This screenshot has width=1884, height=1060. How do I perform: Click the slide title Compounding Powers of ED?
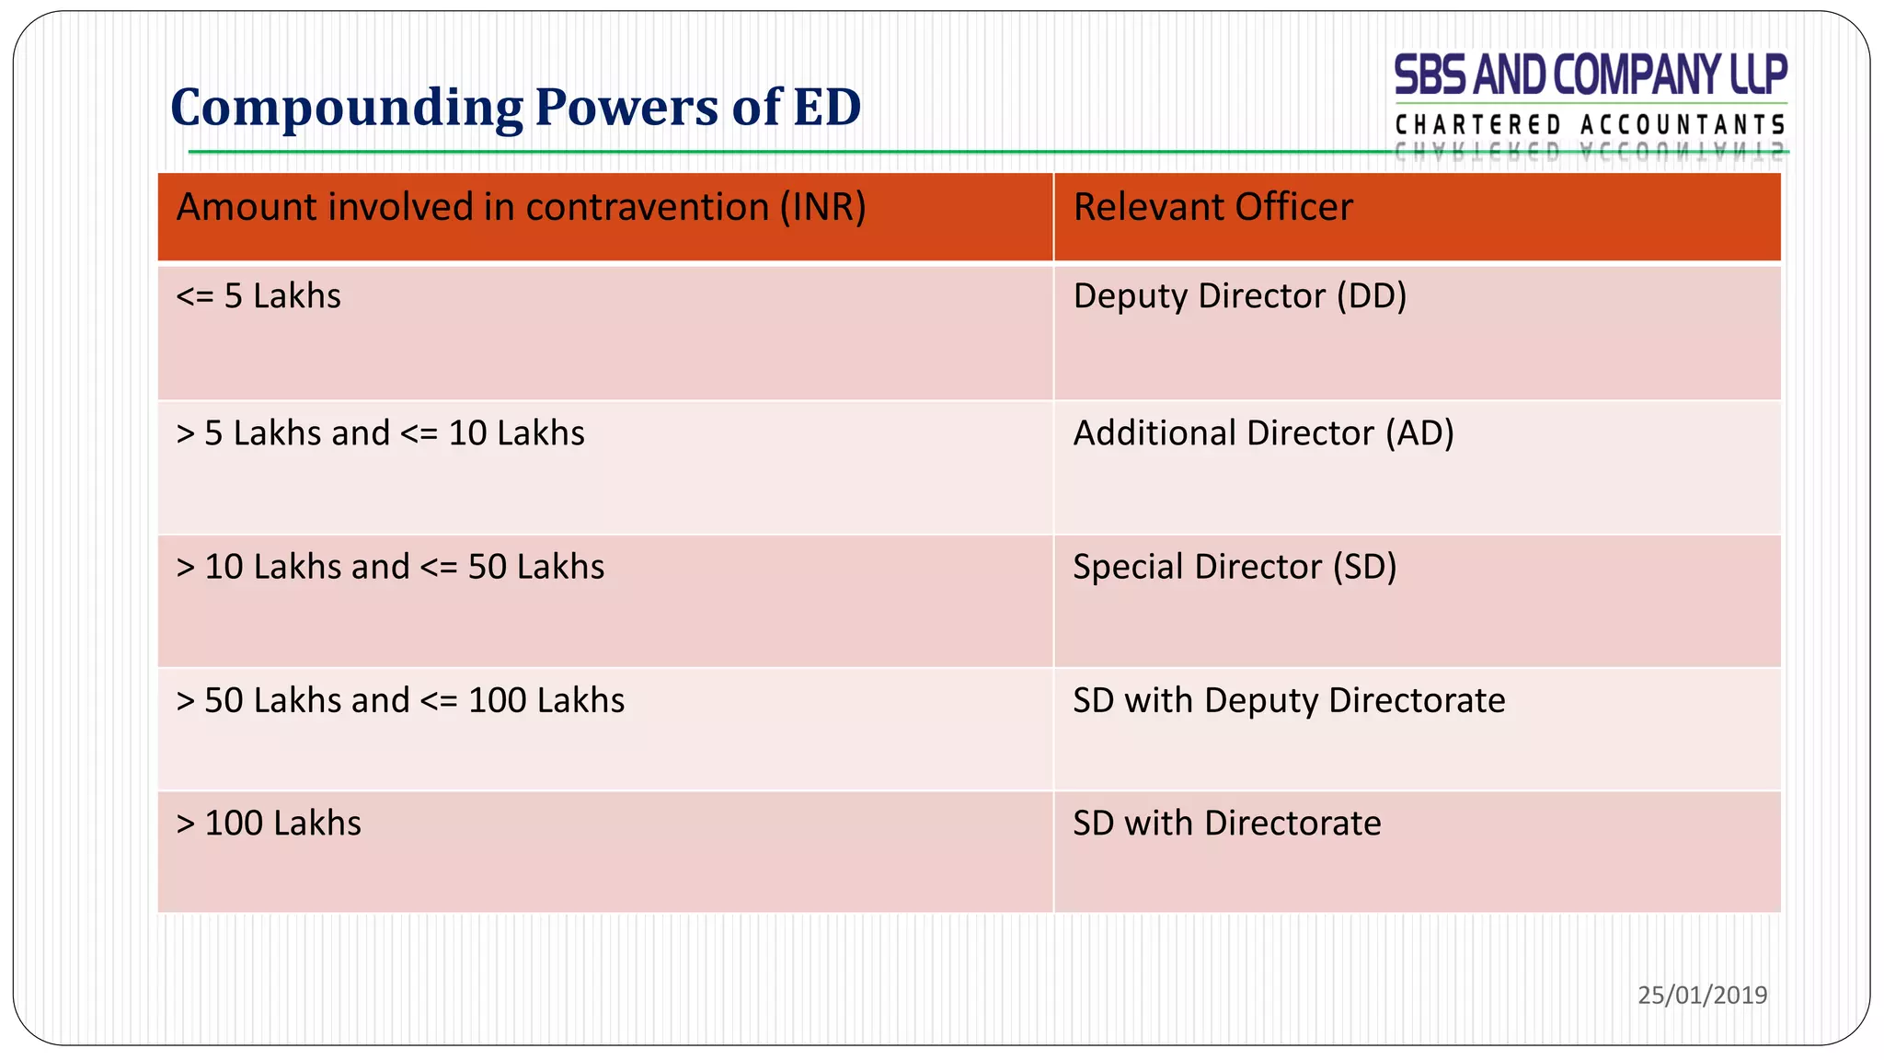515,108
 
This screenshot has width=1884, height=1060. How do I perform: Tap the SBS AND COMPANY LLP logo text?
1591,75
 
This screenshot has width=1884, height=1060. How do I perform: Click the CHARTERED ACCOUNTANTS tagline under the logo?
1591,125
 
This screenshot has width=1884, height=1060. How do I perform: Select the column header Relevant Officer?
1212,207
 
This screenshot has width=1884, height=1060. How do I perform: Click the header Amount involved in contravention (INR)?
521,207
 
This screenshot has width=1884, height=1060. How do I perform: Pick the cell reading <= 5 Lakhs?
258,296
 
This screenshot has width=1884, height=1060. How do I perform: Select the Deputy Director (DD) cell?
1240,296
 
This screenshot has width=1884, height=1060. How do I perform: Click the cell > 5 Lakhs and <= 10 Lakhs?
380,433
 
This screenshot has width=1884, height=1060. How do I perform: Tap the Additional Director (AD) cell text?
1263,433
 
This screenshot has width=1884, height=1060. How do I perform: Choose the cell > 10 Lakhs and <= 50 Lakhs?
390,567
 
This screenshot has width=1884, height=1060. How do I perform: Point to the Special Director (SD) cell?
1235,567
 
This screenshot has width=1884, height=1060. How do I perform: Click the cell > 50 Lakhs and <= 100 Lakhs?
400,701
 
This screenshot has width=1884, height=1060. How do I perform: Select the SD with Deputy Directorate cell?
1289,701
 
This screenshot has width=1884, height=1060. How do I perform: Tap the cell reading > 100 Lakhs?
269,824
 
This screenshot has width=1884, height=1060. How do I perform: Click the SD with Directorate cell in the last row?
1226,824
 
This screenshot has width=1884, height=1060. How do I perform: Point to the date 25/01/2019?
1702,995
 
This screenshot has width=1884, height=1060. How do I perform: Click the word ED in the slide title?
827,108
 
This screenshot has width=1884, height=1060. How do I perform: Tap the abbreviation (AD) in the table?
1420,433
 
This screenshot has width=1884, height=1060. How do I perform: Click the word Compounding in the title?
346,108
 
